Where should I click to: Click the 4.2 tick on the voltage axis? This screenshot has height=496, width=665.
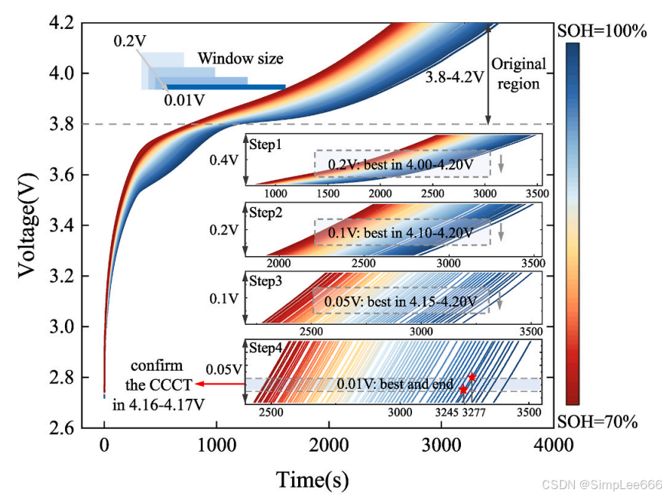81,23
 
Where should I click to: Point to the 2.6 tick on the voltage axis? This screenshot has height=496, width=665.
81,428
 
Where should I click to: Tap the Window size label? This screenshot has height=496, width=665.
240,58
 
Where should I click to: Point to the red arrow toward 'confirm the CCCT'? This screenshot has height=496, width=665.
217,384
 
